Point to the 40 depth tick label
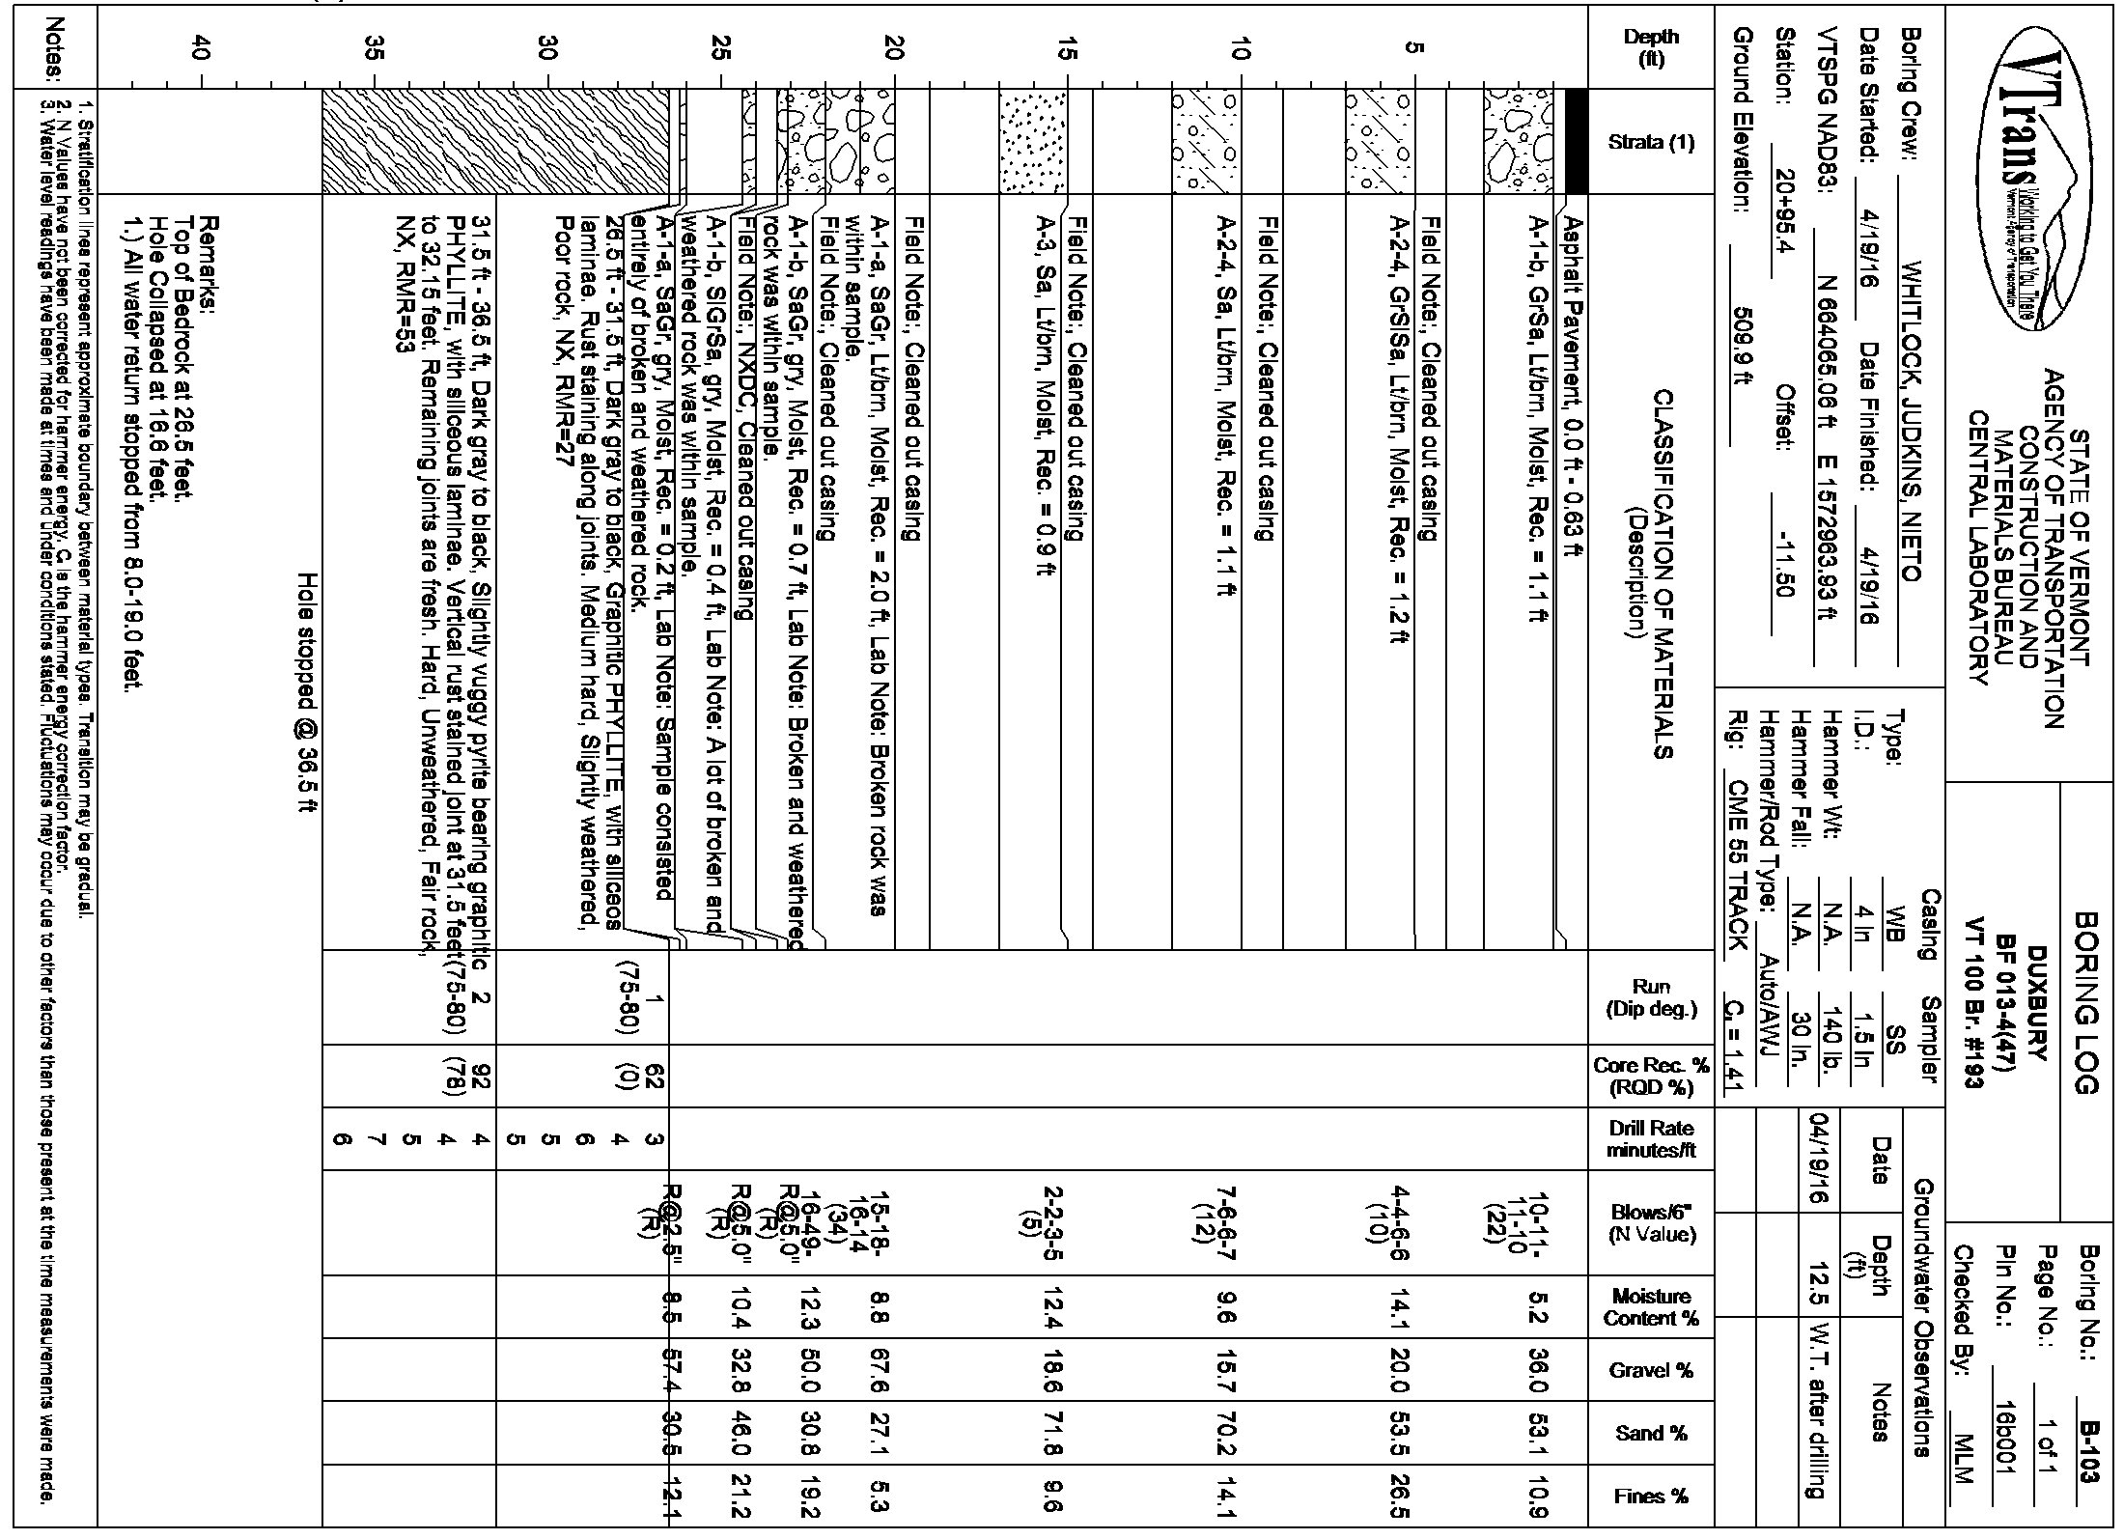[x=201, y=48]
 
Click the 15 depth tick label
[x=1065, y=48]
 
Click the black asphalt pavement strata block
[x=1576, y=142]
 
